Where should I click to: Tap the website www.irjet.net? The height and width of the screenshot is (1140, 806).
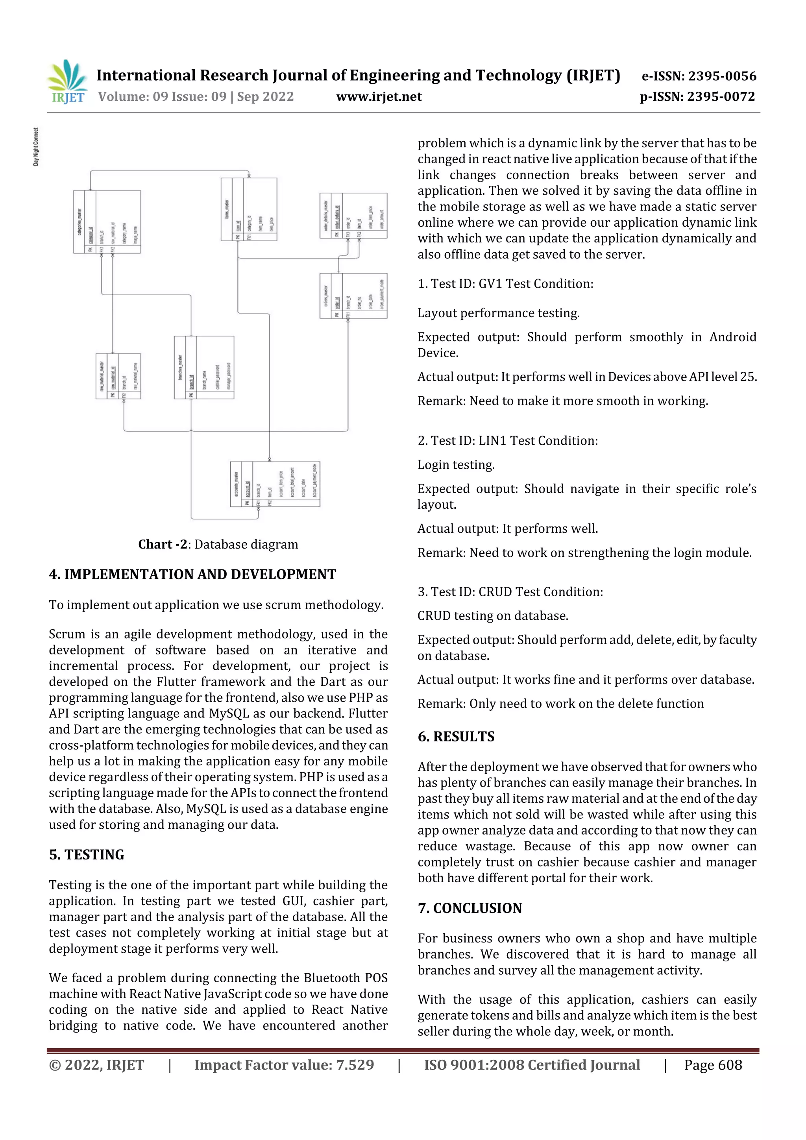point(379,96)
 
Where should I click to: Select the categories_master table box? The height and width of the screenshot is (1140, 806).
point(107,222)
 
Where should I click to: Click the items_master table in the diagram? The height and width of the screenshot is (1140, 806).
point(249,209)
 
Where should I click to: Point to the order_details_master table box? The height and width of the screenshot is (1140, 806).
point(353,216)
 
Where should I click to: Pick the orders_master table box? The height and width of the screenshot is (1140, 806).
point(353,296)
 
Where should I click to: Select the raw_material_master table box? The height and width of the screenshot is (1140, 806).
point(118,376)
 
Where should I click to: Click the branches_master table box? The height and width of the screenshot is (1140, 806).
point(203,368)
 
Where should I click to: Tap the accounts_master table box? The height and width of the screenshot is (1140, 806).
point(275,484)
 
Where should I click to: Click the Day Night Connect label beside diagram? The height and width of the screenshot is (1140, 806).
point(36,147)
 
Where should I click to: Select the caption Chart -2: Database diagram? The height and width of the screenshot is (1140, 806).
point(218,544)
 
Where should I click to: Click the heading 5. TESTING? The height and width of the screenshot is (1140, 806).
point(87,854)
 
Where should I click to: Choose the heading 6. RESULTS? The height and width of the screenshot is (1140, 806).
point(456,736)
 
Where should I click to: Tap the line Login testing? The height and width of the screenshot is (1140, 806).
point(456,465)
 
